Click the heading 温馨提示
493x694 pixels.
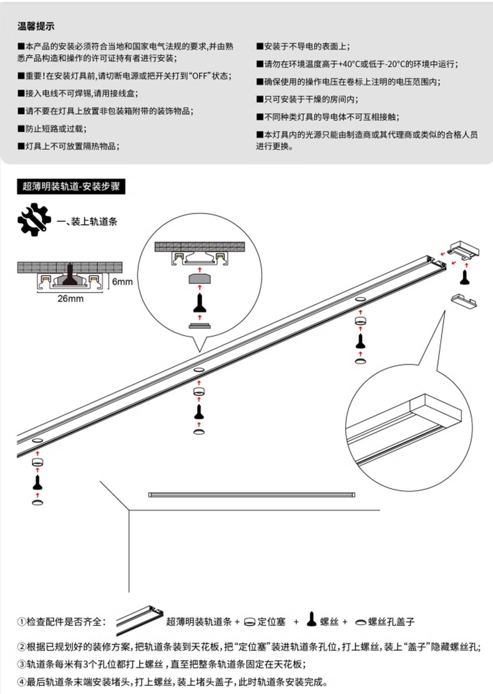pos(36,27)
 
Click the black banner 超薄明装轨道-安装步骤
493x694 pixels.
pos(71,186)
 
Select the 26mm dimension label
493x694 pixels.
pos(71,298)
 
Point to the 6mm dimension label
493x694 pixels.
pos(122,281)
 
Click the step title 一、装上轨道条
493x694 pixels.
pos(87,222)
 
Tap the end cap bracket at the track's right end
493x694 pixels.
pos(465,248)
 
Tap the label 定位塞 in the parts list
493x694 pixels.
pos(271,622)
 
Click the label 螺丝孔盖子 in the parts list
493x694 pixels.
pos(391,622)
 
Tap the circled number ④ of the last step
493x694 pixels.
pos(21,682)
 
